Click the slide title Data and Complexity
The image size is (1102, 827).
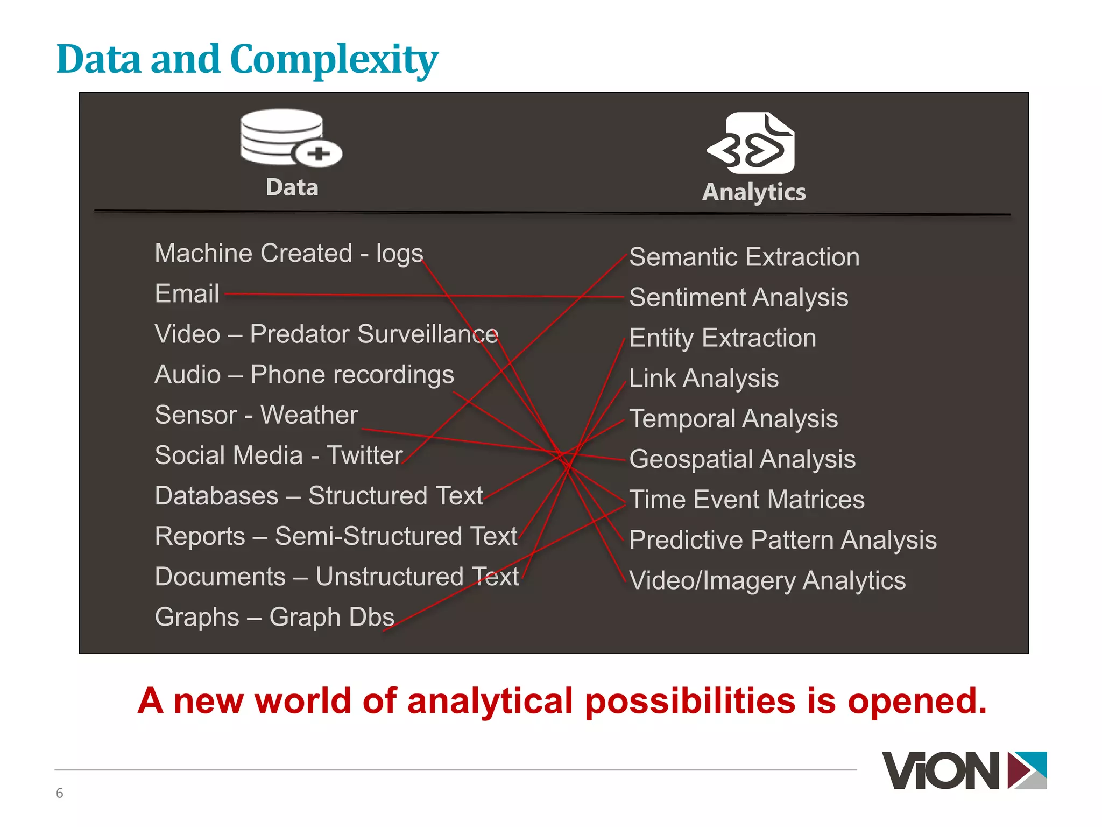pos(247,59)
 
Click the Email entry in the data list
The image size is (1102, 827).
pos(187,294)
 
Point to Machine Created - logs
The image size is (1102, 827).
pos(288,254)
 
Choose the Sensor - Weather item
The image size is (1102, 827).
pos(256,415)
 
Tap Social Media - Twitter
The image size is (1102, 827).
pos(278,455)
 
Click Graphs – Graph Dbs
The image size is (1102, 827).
pos(274,617)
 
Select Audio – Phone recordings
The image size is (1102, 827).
pos(304,375)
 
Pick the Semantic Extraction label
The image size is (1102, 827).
pos(744,257)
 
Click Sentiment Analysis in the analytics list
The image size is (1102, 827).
pos(738,298)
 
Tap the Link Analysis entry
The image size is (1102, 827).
pos(703,379)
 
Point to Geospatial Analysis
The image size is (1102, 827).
pos(742,459)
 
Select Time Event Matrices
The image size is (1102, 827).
pos(746,500)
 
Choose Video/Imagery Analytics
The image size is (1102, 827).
pos(767,580)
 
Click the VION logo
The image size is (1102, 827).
pos(964,770)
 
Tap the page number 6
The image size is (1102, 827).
pos(60,793)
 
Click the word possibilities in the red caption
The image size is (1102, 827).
pos(690,702)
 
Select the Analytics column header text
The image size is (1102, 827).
pos(754,192)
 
